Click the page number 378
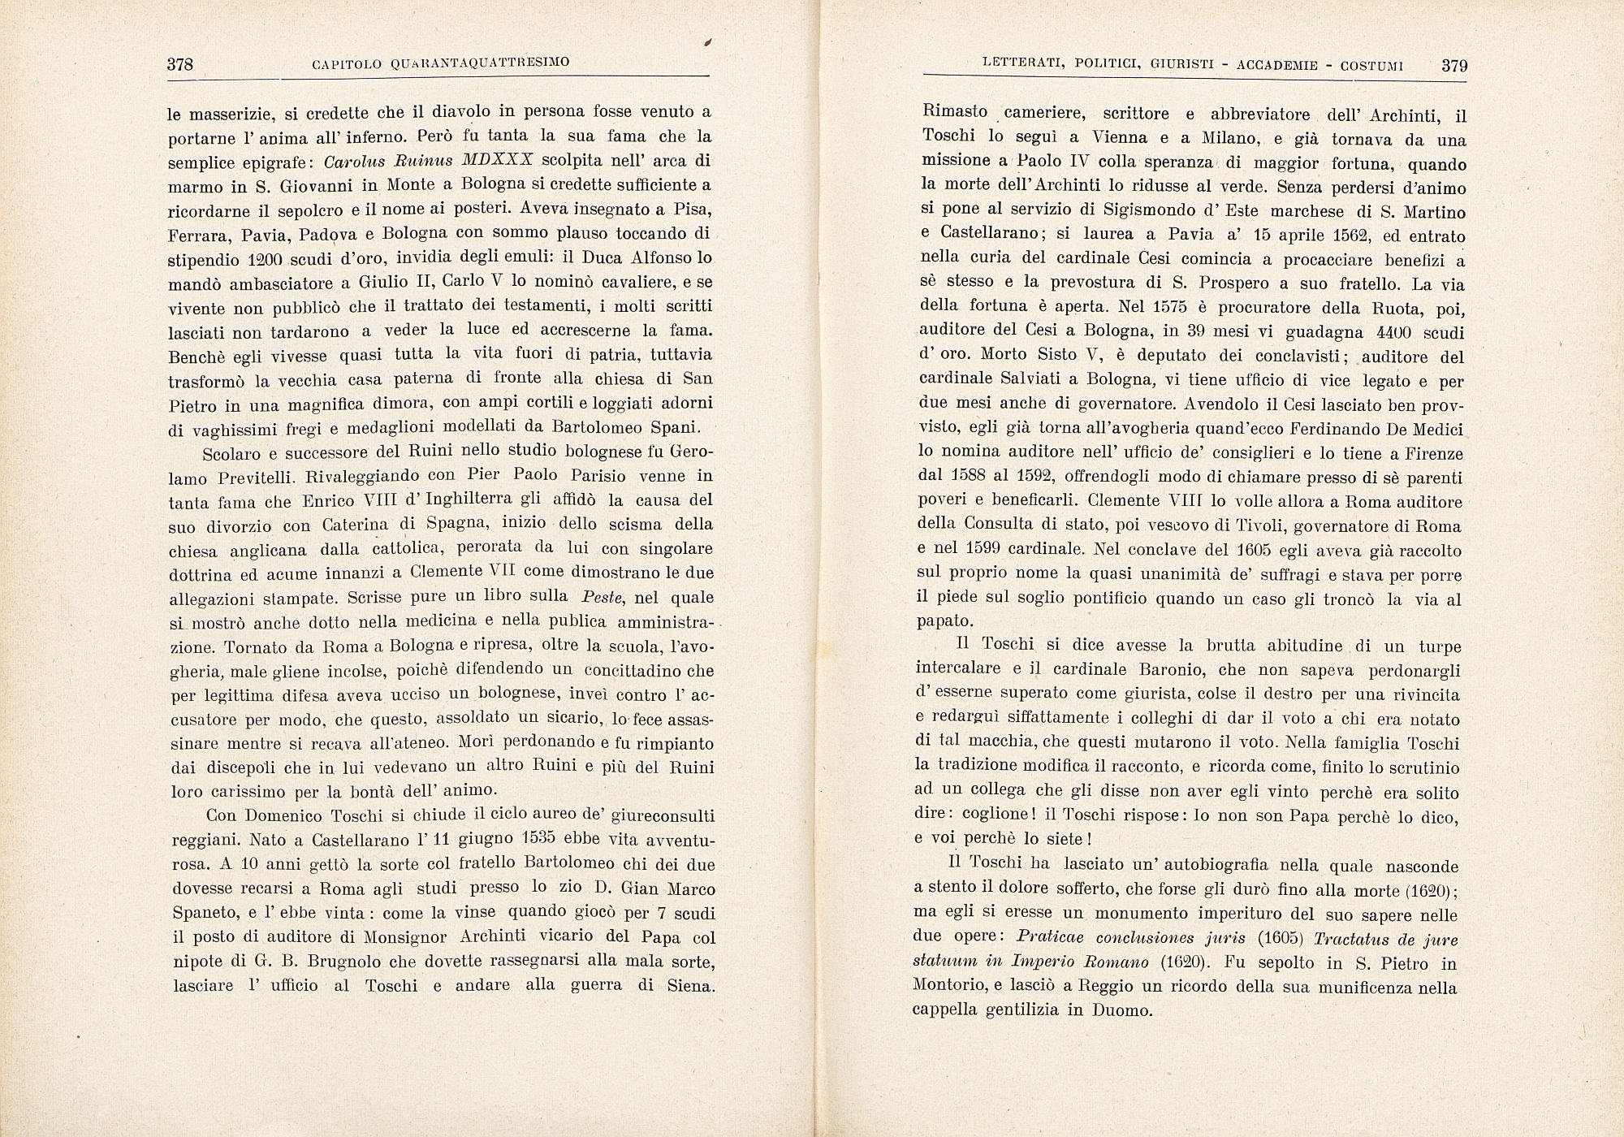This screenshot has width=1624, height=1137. pos(179,65)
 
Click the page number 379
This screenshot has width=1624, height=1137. pos(1454,66)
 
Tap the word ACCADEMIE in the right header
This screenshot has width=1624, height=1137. pos(1276,65)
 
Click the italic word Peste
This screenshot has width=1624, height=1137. pos(602,598)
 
